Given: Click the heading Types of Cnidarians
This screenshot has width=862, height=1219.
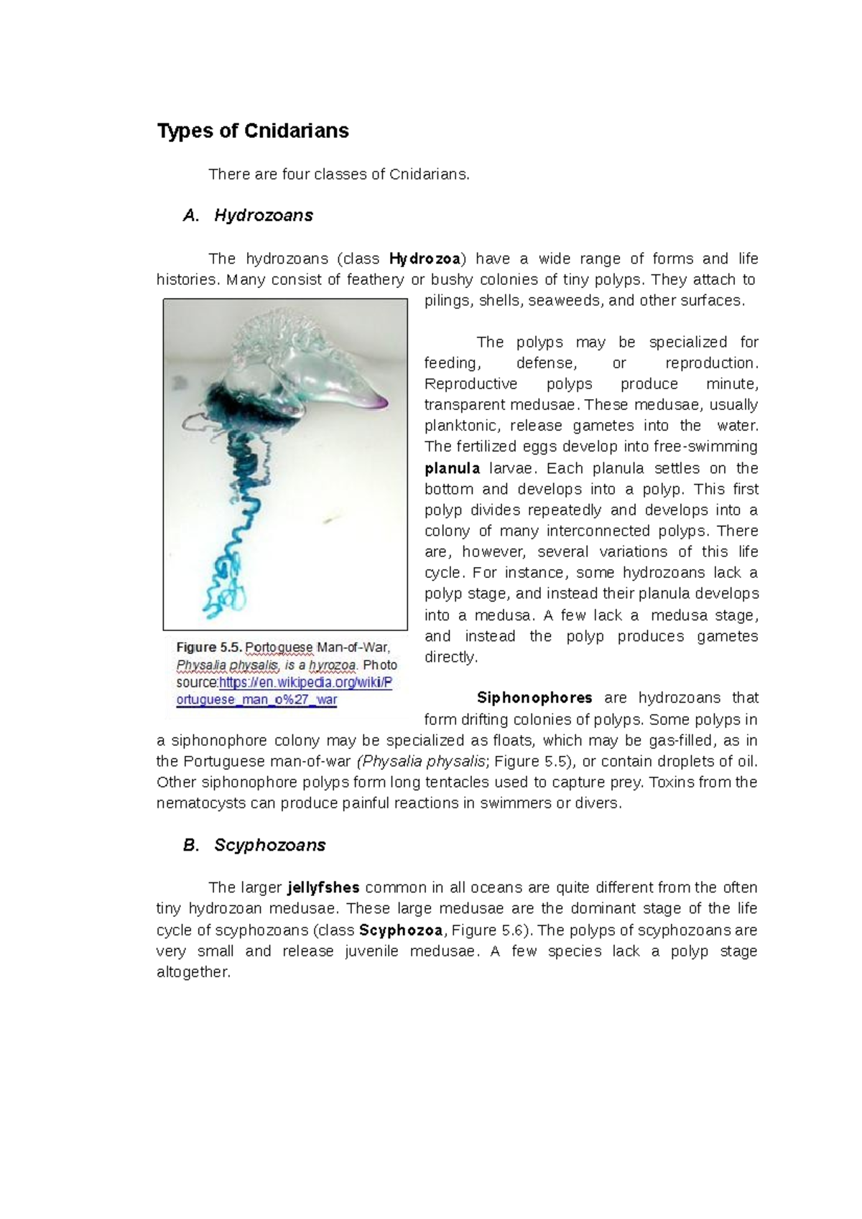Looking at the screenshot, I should coord(253,131).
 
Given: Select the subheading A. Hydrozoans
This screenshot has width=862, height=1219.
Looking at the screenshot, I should coord(248,215).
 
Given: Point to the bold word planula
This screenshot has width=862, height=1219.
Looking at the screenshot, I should coord(452,469).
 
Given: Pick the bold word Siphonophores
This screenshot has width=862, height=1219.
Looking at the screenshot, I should coord(534,698).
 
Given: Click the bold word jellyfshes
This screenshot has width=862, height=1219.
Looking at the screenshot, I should coord(323,888).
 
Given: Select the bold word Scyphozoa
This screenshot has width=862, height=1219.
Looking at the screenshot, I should coord(401,930).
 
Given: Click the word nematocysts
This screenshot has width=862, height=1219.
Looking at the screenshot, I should coord(200,803).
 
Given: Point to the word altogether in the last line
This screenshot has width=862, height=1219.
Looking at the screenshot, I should coord(193,973).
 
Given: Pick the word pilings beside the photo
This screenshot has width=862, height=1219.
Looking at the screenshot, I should coord(446,301).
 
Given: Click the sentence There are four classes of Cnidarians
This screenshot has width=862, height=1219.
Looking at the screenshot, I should coord(338,174).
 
